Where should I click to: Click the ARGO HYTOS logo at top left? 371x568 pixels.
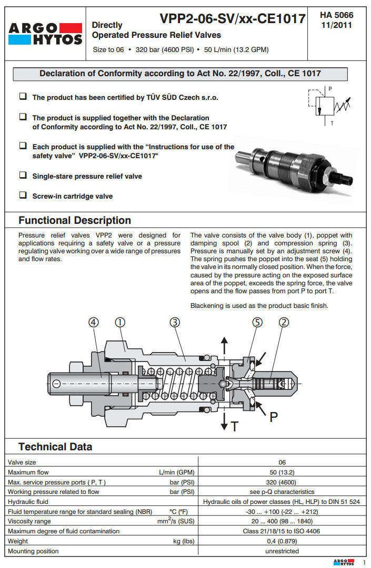click(46, 33)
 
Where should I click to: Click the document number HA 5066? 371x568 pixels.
click(337, 15)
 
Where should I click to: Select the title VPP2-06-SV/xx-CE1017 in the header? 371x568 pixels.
click(233, 19)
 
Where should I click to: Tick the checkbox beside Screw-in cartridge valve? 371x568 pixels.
click(23, 195)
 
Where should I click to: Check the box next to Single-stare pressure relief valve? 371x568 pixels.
click(23, 175)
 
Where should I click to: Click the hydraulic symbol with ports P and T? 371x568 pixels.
click(326, 107)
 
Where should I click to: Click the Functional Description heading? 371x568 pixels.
click(75, 220)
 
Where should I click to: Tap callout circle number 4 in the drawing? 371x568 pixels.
click(93, 323)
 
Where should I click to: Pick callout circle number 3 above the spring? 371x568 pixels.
click(175, 323)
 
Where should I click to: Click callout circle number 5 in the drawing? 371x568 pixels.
click(257, 323)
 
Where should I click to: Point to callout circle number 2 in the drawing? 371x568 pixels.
click(284, 323)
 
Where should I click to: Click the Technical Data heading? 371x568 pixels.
click(55, 447)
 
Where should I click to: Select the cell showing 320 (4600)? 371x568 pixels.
click(282, 482)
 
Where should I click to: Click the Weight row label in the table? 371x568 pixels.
click(18, 541)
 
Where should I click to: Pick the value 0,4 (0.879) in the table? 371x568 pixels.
click(282, 541)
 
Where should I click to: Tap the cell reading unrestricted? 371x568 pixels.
click(282, 551)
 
